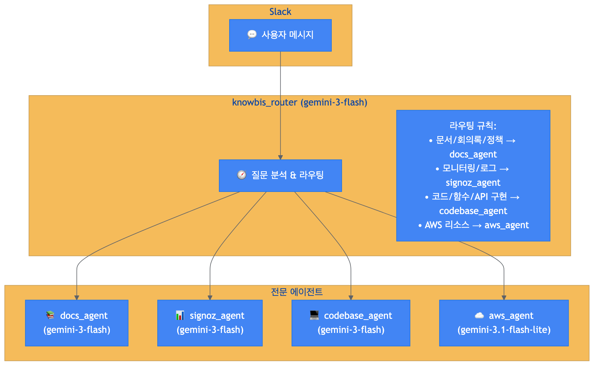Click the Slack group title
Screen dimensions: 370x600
coord(280,12)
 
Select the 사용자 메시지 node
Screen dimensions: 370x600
coord(280,35)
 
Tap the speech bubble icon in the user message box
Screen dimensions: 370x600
coord(252,35)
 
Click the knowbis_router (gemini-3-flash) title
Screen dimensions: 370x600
coord(300,102)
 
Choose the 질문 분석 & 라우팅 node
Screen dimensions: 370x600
coord(280,175)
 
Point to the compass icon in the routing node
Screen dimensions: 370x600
coord(241,175)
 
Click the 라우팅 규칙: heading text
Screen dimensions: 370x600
coord(473,126)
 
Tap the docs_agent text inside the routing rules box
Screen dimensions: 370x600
coord(473,154)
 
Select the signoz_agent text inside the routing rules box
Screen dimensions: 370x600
coord(473,183)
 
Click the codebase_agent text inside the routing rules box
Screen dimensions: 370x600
coord(473,211)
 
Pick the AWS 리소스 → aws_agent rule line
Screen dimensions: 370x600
coord(473,225)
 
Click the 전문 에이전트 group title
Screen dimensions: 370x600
coord(297,292)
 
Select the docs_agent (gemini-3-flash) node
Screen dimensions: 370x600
coord(77,323)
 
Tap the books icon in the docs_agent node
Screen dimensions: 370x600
coord(50,315)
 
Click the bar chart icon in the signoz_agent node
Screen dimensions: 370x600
coord(180,315)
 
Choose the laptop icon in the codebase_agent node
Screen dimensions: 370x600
coord(314,315)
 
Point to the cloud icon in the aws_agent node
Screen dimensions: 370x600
coord(479,315)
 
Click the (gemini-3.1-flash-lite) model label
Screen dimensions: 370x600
coord(504,330)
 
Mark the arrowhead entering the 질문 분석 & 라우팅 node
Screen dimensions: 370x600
coord(280,157)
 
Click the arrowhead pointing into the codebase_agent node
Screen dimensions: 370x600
coord(351,297)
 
